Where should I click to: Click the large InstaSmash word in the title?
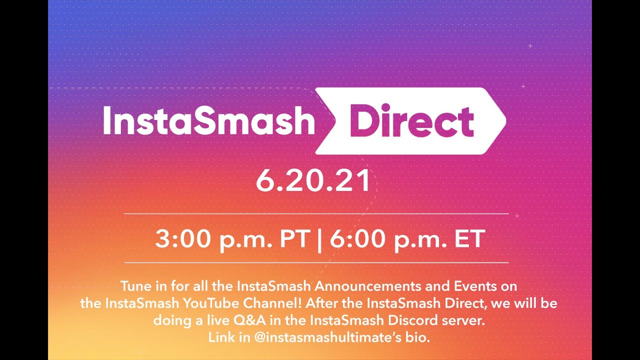click(208, 120)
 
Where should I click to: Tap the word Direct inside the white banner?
click(411, 120)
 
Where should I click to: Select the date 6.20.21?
click(313, 180)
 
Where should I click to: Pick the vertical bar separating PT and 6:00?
click(319, 240)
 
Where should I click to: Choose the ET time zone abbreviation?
click(469, 239)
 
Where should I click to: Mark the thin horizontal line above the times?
click(316, 214)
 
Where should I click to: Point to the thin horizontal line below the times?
click(316, 262)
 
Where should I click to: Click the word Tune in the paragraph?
click(133, 287)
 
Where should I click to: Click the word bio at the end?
click(419, 337)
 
